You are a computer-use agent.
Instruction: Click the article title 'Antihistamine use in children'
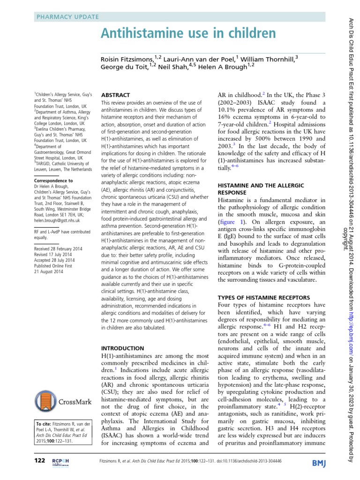coord(187,34)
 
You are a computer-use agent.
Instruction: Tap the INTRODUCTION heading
coord(123,349)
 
